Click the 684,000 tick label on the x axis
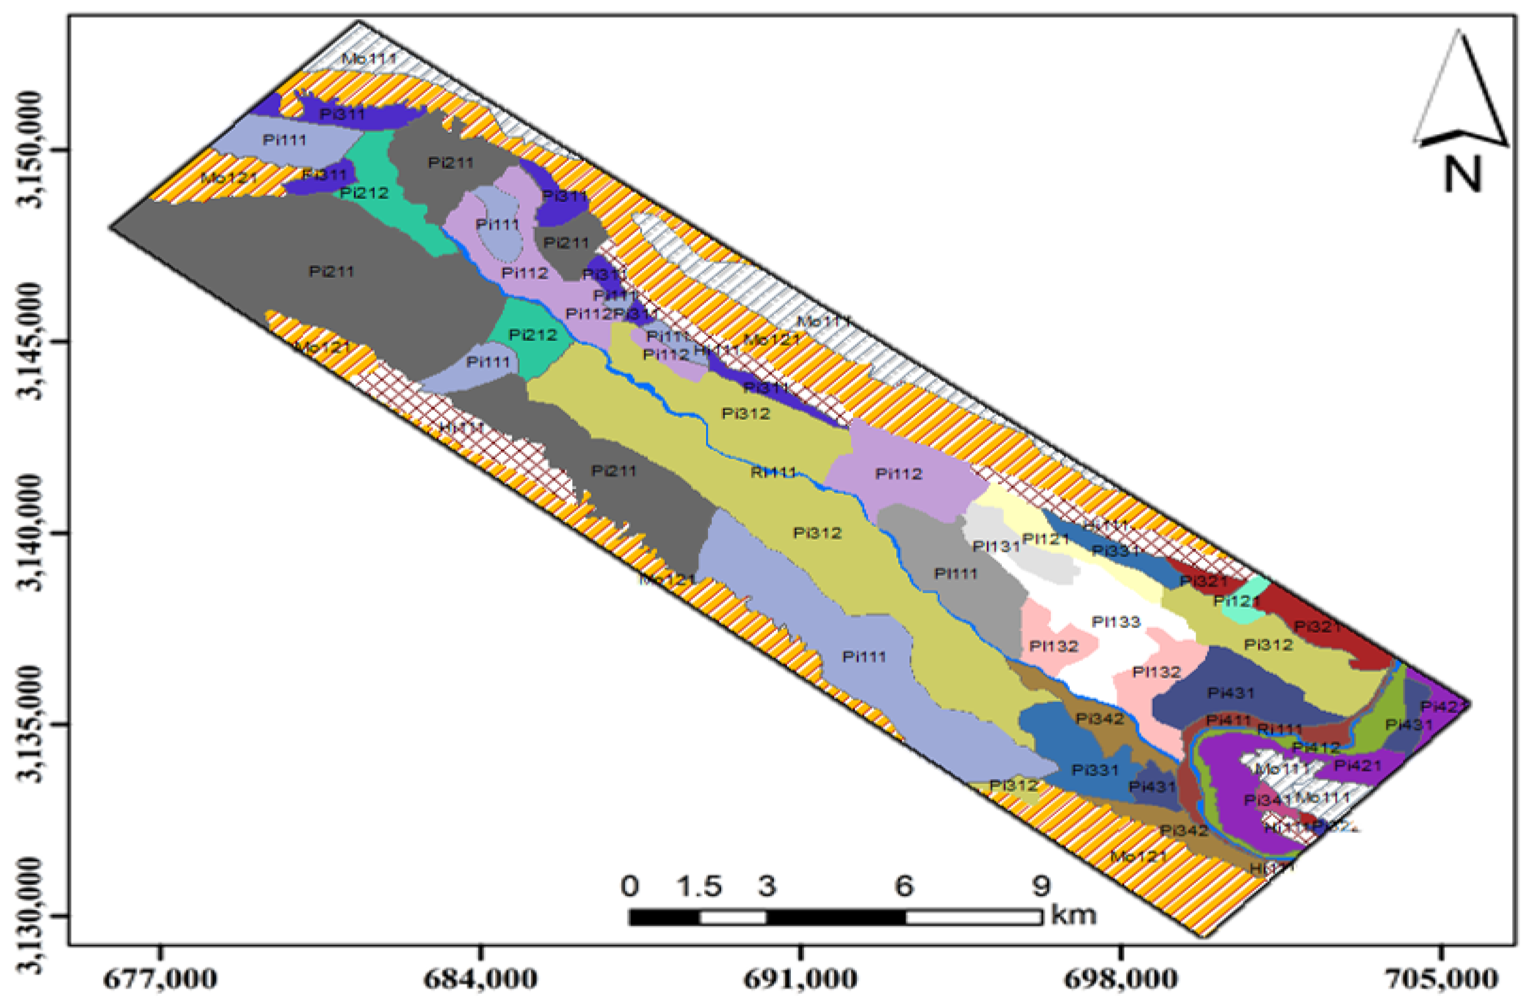(480, 979)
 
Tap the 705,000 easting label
(1443, 979)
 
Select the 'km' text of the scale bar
(1072, 914)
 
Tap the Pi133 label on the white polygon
(1116, 621)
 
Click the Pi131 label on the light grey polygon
(996, 546)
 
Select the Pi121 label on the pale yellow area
(1045, 539)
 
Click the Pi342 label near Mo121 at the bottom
(1184, 831)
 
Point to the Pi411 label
(1228, 720)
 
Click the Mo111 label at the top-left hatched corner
(369, 58)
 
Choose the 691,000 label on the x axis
(800, 979)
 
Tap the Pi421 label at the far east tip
(1443, 706)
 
